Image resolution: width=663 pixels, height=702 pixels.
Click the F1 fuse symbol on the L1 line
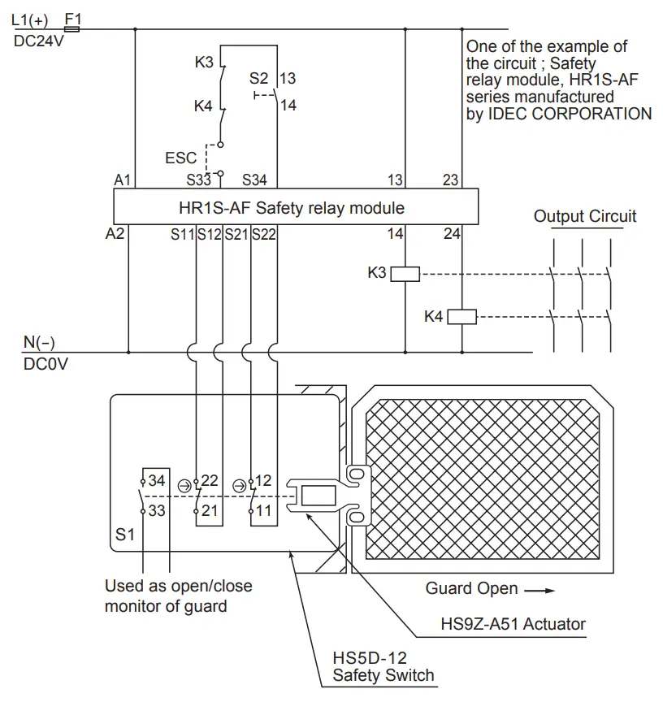(x=71, y=29)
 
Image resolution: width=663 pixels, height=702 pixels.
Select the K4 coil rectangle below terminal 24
(x=461, y=317)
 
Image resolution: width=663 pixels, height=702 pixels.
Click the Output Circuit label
(x=584, y=216)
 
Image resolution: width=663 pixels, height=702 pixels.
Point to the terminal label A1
(x=123, y=180)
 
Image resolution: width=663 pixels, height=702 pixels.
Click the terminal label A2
(x=115, y=234)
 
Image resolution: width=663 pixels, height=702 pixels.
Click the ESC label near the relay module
(x=180, y=158)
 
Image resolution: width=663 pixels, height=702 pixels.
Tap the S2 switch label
(x=258, y=79)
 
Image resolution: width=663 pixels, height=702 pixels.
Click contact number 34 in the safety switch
(x=157, y=481)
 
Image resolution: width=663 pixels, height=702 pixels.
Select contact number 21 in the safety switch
(x=210, y=511)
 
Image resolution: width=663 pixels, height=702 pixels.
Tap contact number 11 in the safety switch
(x=264, y=511)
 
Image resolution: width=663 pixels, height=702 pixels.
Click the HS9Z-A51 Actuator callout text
(x=513, y=624)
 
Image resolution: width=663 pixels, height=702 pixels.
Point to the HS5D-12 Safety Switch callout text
(x=383, y=665)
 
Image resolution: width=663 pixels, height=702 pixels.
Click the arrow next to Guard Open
(x=538, y=589)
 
